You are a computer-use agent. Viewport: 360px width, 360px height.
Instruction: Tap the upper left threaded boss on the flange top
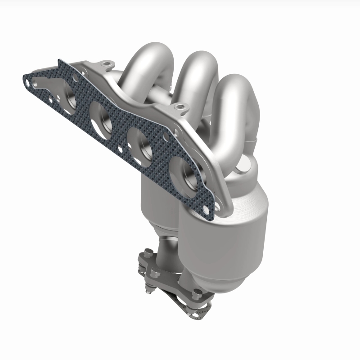click(x=106, y=65)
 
